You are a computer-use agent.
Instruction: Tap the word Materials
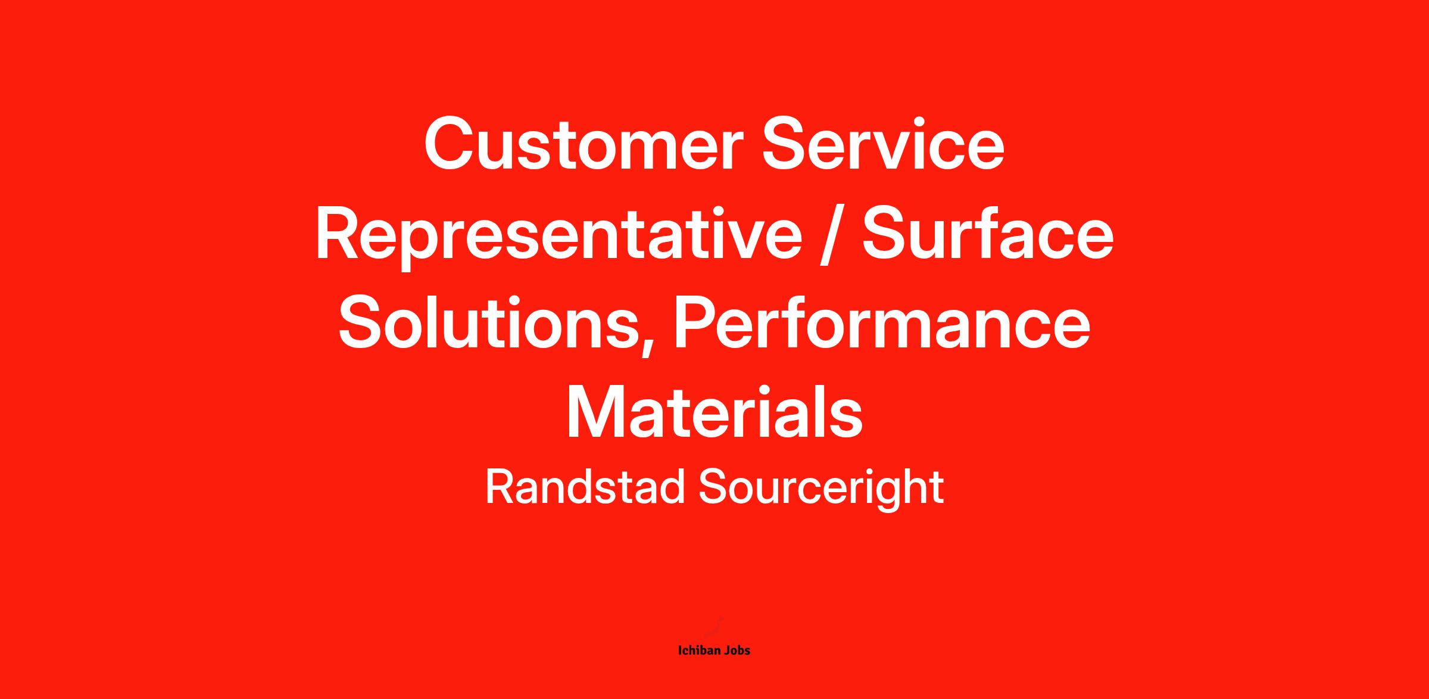coord(714,412)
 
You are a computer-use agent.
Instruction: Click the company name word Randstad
coord(585,487)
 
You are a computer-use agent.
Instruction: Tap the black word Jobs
coord(736,650)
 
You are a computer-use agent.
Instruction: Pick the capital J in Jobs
coord(725,650)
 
